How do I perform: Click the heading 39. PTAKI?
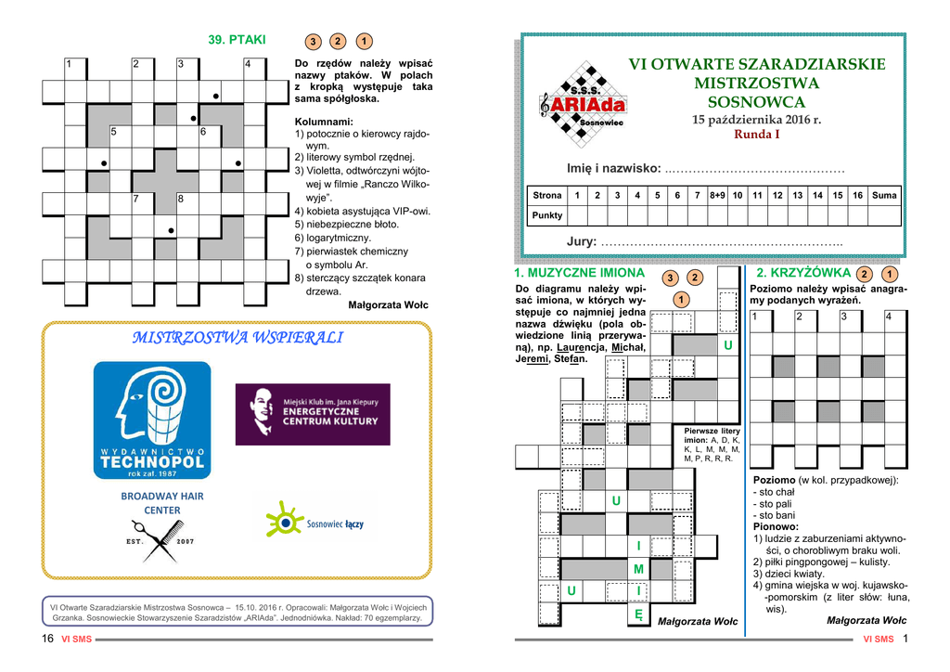(237, 40)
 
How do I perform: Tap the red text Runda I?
(757, 135)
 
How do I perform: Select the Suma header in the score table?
(884, 195)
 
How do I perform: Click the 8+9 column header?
(717, 195)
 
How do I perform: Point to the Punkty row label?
(546, 215)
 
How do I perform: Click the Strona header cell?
(546, 195)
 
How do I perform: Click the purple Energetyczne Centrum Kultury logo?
(312, 414)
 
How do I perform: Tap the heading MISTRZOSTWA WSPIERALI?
(237, 338)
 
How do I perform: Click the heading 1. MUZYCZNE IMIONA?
(579, 273)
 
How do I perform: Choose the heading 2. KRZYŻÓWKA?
(803, 273)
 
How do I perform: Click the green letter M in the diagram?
(638, 569)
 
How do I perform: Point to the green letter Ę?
(638, 614)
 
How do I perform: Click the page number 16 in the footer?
(47, 639)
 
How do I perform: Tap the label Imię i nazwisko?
(613, 169)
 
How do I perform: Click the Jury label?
(582, 242)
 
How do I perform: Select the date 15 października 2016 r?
(757, 120)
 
